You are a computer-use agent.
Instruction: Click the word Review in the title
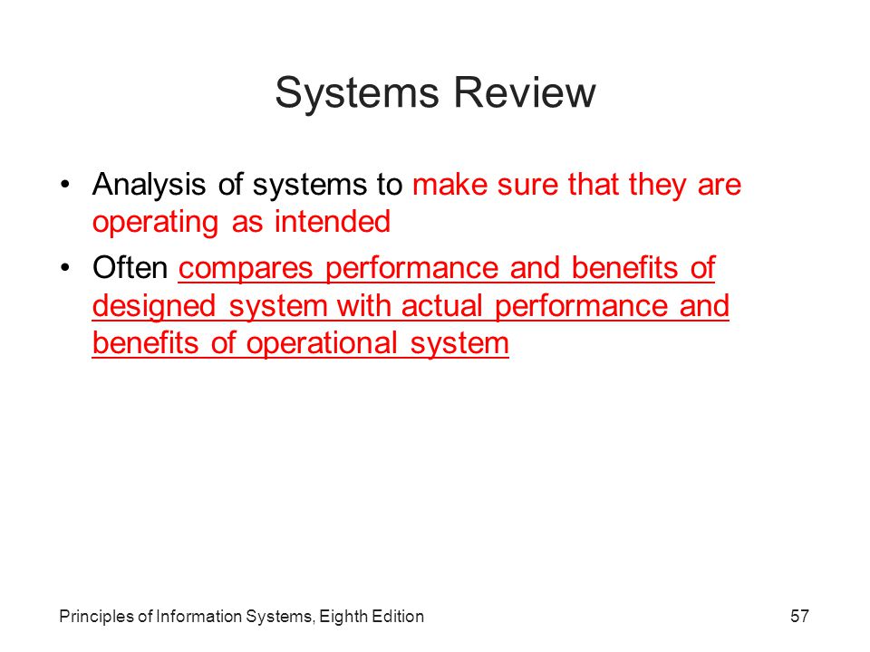525,92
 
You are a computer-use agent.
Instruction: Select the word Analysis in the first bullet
149,185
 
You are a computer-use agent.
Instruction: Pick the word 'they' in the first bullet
658,186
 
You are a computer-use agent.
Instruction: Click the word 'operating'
155,224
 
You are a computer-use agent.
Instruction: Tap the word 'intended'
333,222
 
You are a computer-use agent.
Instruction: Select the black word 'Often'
130,268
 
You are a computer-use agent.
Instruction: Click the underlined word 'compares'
246,270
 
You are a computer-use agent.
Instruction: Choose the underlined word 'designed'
154,307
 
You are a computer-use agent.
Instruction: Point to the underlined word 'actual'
442,305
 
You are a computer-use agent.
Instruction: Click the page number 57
799,616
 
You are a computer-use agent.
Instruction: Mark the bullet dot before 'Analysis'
65,185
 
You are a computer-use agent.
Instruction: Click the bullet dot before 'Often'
65,268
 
